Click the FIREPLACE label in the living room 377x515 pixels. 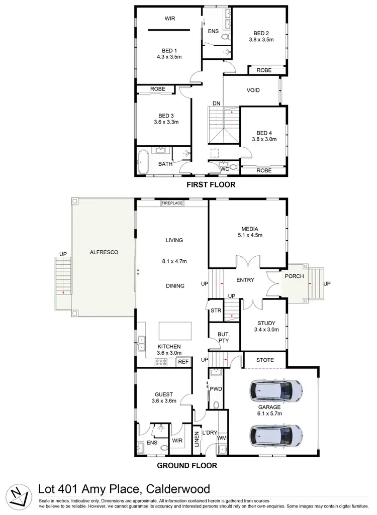point(172,203)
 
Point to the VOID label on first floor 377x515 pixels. point(252,91)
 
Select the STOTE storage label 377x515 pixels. point(264,360)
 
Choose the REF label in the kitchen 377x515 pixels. point(183,361)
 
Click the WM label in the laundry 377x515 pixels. point(222,439)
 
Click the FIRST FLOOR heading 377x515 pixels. point(211,185)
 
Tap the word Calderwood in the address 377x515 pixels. point(173,489)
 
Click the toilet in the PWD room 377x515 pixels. point(217,404)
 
